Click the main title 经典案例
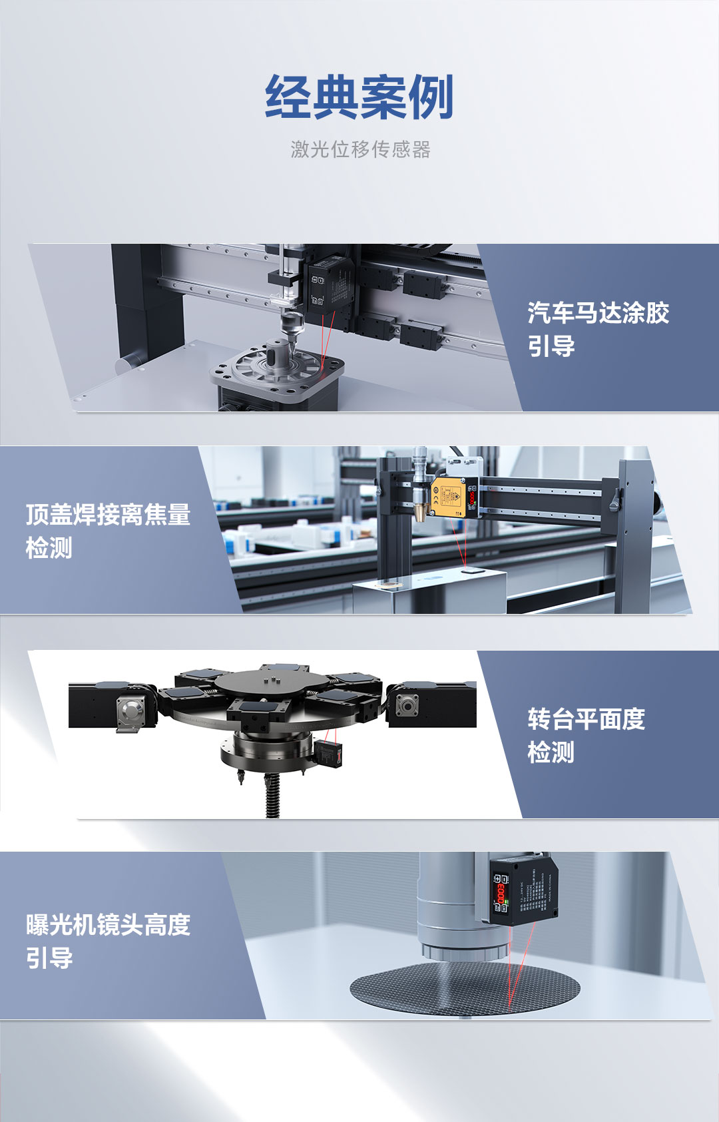pyautogui.click(x=359, y=97)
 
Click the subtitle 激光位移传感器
pyautogui.click(x=360, y=149)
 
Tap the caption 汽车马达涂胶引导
pyautogui.click(x=598, y=329)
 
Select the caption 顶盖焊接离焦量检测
pyautogui.click(x=108, y=531)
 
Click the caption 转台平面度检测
pyautogui.click(x=586, y=735)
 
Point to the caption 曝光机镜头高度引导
pyautogui.click(x=108, y=941)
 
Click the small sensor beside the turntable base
pyautogui.click(x=330, y=752)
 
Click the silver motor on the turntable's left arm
pyautogui.click(x=131, y=712)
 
